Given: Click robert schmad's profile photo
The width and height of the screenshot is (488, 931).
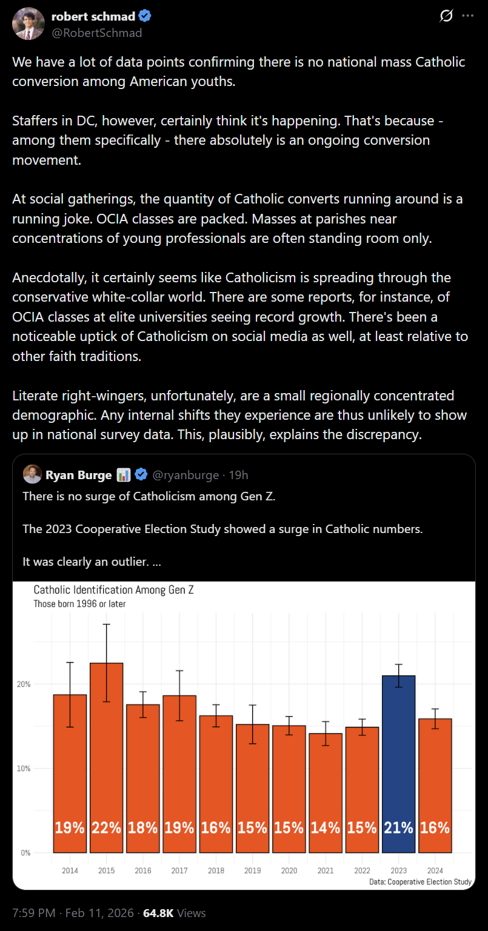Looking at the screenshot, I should (x=27, y=24).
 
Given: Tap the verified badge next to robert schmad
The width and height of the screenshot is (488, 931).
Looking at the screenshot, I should (x=145, y=16).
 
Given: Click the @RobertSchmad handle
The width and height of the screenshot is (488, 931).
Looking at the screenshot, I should (x=96, y=33).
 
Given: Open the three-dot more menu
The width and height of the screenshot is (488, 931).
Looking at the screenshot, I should (x=467, y=16).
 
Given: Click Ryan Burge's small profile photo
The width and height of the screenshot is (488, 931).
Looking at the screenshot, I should (x=32, y=474).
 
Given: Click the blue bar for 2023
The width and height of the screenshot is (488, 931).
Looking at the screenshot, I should (x=398, y=763).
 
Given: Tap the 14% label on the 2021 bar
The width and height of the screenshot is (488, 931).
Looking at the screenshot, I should (x=326, y=827).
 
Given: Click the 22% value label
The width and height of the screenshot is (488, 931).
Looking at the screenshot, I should (x=107, y=827).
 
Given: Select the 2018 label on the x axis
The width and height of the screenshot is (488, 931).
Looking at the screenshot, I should (x=216, y=870).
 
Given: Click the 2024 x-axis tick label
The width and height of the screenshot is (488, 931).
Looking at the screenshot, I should (x=435, y=870).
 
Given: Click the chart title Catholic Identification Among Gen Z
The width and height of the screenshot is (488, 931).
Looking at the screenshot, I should (x=114, y=590).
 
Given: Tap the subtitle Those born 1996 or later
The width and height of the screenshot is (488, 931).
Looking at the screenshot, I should (x=79, y=603).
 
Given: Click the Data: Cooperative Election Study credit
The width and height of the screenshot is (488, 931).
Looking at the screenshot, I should (x=420, y=882).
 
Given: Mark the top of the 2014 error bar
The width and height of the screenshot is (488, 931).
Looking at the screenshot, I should (x=70, y=663).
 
